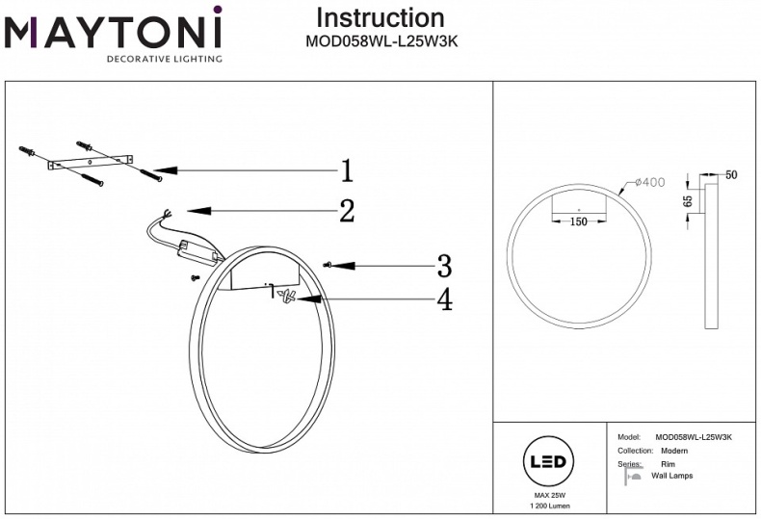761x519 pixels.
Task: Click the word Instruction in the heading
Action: point(380,17)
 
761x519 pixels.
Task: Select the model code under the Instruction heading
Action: point(380,41)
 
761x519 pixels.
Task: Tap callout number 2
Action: point(346,210)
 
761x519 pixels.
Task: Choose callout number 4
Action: point(443,299)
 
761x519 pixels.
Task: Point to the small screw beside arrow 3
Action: point(329,264)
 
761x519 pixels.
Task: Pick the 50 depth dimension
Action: point(731,174)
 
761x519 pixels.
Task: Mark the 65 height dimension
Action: point(687,201)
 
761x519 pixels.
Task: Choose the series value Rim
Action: point(667,464)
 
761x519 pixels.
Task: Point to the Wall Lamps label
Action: point(671,476)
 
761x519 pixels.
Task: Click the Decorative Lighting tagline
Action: point(163,59)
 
